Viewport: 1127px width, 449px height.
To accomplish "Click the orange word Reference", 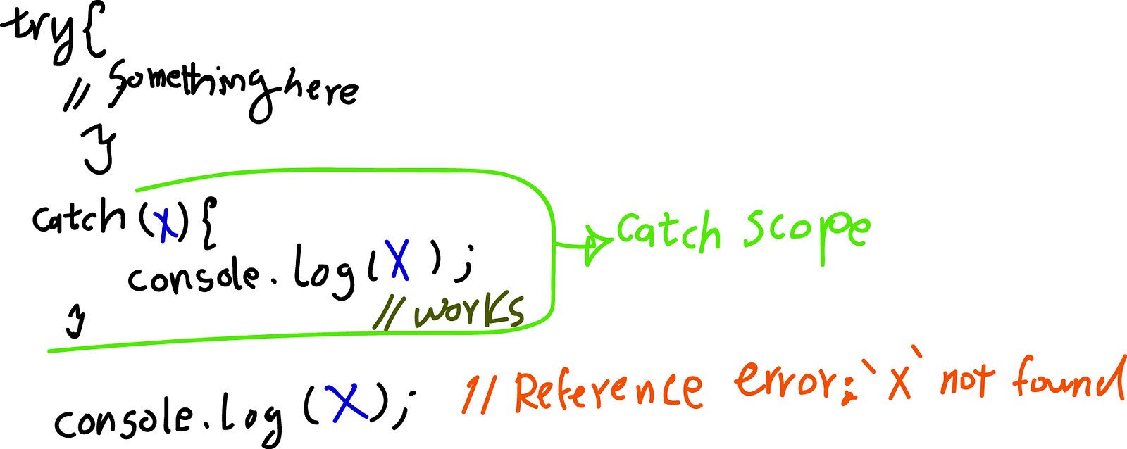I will point(609,390).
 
